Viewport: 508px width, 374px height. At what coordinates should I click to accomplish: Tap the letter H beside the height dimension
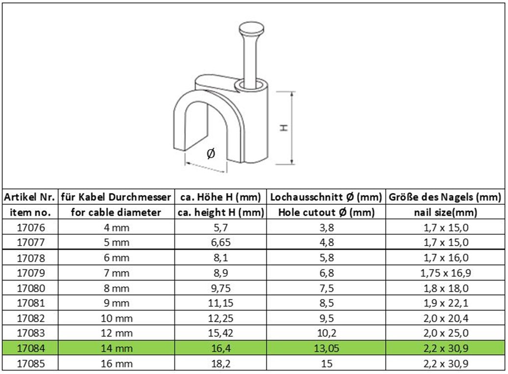coord(284,127)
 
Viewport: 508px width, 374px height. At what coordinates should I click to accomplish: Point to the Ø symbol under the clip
coord(211,153)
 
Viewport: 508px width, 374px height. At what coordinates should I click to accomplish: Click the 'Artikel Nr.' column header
coord(29,197)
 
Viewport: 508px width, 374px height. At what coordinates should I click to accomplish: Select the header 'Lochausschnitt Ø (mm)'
coord(326,197)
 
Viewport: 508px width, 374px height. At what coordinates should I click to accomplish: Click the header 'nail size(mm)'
coord(446,212)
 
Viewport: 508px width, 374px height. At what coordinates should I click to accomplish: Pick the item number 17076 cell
coord(31,227)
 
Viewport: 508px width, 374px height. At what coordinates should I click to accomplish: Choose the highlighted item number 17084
coord(31,348)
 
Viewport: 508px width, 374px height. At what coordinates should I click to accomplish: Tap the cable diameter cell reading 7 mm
coord(116,273)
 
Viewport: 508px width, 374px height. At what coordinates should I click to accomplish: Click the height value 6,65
coord(221,243)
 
